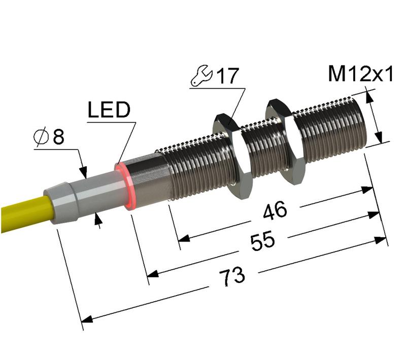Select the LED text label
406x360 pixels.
109,110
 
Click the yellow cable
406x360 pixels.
20,213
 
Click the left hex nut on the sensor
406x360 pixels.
232,155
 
